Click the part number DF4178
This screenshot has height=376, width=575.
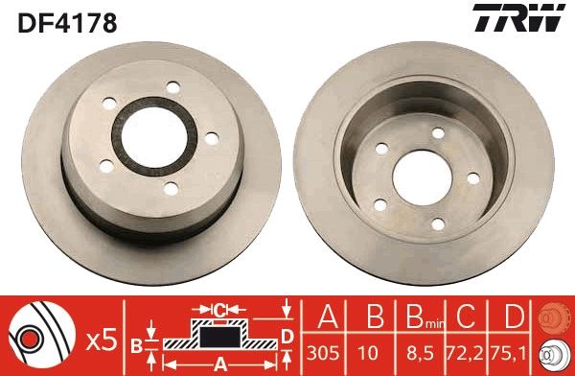pyautogui.click(x=66, y=21)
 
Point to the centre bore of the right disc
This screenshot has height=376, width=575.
pyautogui.click(x=417, y=176)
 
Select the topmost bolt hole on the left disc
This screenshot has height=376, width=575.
pyautogui.click(x=172, y=88)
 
